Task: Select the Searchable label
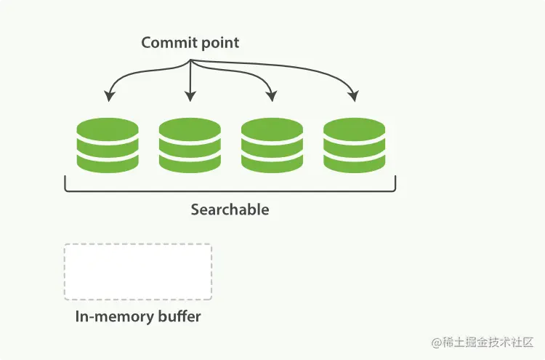(230, 209)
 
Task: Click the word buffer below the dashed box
(179, 316)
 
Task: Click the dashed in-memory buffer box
(138, 271)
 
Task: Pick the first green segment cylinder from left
(108, 145)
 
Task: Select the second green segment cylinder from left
(190, 145)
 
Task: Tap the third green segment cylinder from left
(272, 145)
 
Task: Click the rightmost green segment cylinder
(354, 145)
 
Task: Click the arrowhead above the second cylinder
(190, 97)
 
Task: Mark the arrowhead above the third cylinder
(271, 97)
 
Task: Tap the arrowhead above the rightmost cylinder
(353, 97)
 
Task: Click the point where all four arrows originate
(190, 60)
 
